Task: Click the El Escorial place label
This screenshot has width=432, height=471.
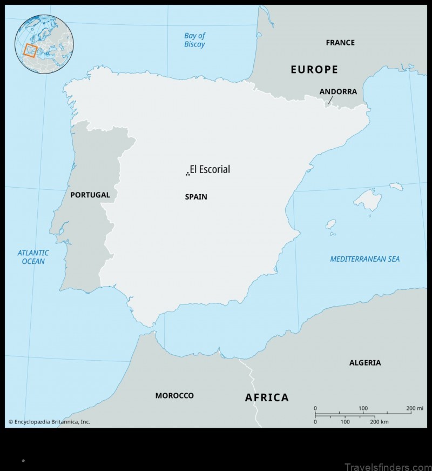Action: (x=210, y=169)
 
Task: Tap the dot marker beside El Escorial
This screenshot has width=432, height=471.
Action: (x=187, y=174)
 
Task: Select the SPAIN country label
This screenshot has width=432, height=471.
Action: (x=196, y=197)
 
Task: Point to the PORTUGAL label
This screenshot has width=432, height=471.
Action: (x=90, y=195)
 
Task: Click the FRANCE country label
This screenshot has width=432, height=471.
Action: (x=340, y=42)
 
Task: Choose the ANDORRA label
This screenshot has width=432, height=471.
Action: (x=338, y=91)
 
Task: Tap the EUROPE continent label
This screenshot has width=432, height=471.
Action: (x=314, y=69)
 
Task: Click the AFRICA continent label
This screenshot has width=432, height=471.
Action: (x=267, y=397)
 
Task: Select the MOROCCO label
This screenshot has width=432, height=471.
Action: (x=174, y=396)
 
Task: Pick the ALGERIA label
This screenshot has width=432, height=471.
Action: (x=365, y=362)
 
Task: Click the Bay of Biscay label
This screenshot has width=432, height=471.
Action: (x=195, y=40)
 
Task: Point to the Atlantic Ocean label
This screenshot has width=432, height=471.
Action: (x=33, y=257)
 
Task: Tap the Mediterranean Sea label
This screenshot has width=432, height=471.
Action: (x=365, y=259)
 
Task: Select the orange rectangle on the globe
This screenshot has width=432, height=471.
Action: (x=30, y=51)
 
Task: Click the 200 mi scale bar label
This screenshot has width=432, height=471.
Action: (x=415, y=408)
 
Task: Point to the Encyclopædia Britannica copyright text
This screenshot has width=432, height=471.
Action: (x=49, y=422)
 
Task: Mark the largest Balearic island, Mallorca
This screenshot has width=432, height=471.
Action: (x=368, y=200)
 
